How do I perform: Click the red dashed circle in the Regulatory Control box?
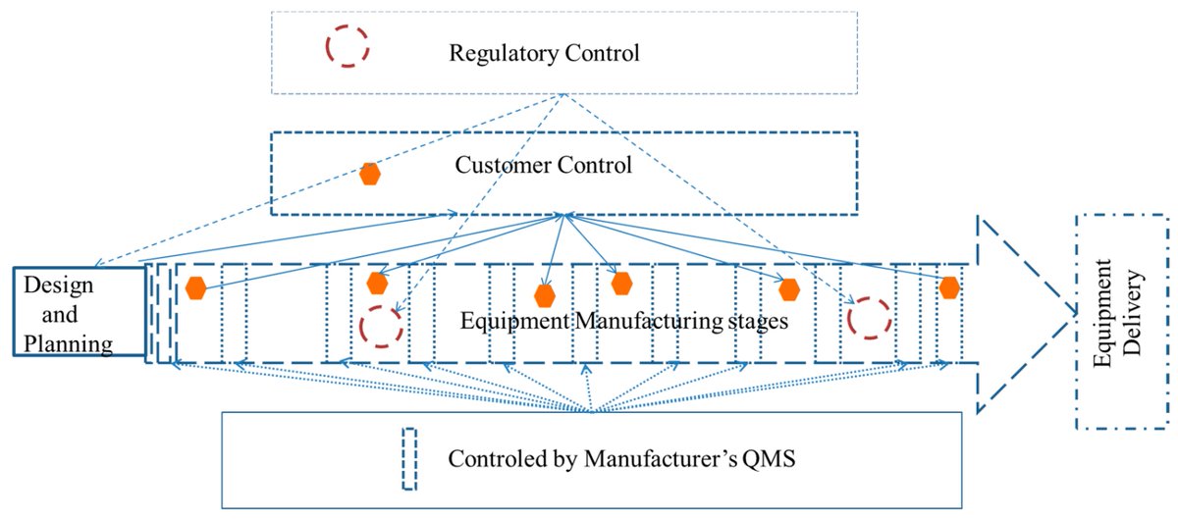348,45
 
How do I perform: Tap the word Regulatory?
498,52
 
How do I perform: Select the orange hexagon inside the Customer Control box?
369,175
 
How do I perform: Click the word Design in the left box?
58,286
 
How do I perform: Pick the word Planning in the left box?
69,343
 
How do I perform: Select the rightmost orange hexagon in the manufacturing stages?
948,287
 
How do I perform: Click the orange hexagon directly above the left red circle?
377,284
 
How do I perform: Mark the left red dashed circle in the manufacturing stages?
380,326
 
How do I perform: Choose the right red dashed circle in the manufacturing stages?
869,319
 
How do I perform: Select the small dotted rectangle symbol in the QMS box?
410,458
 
